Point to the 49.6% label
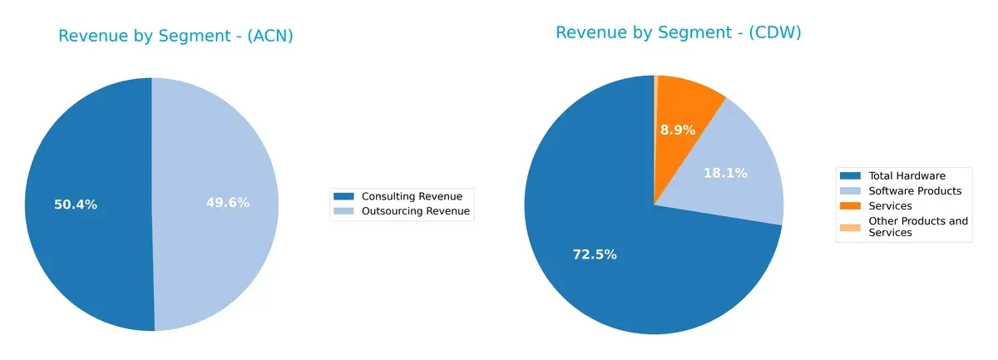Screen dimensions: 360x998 [x=228, y=203]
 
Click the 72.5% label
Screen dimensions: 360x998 [x=595, y=254]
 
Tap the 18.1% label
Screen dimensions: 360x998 [x=725, y=173]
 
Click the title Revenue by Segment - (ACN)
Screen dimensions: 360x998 [x=175, y=36]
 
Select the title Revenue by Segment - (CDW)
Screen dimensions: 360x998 [x=678, y=32]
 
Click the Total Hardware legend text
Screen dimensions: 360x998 [x=907, y=175]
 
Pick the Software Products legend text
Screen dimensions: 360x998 [x=915, y=190]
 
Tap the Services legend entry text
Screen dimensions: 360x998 [x=890, y=205]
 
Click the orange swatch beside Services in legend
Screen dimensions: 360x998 [x=850, y=205]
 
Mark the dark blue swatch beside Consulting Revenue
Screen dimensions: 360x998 [x=343, y=196]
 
